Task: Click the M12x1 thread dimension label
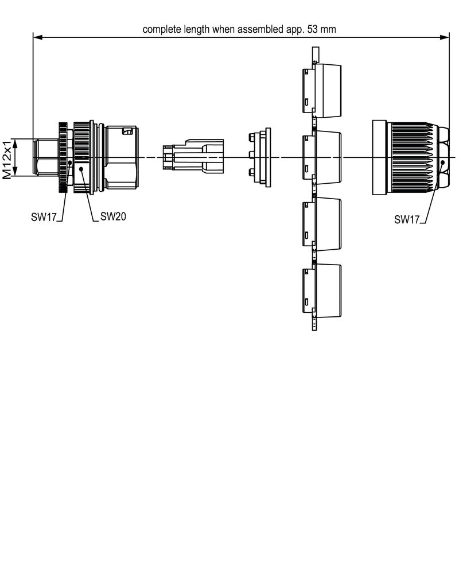[7, 158]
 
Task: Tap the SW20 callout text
[113, 216]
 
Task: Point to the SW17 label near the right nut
[406, 219]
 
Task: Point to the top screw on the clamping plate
[251, 137]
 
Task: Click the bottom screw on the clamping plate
[251, 173]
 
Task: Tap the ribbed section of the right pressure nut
[411, 157]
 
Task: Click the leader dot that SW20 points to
[82, 169]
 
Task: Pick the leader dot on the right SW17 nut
[444, 164]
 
